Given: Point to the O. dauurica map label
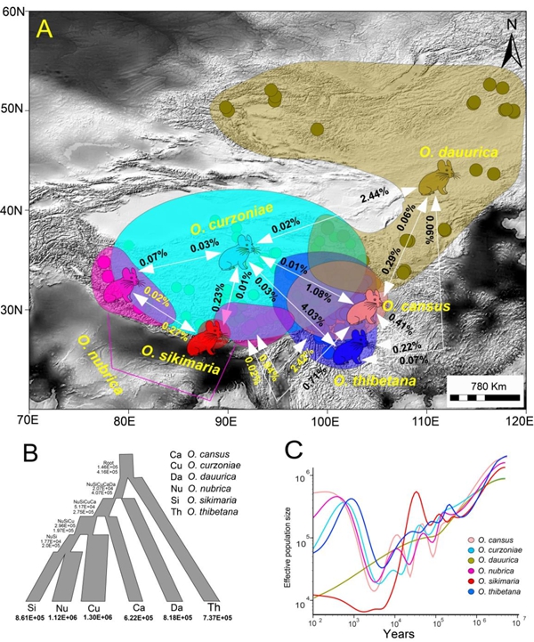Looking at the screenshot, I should tap(457, 152).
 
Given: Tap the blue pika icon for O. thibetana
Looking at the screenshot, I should tap(355, 342).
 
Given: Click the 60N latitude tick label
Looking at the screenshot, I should tap(12, 16).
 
